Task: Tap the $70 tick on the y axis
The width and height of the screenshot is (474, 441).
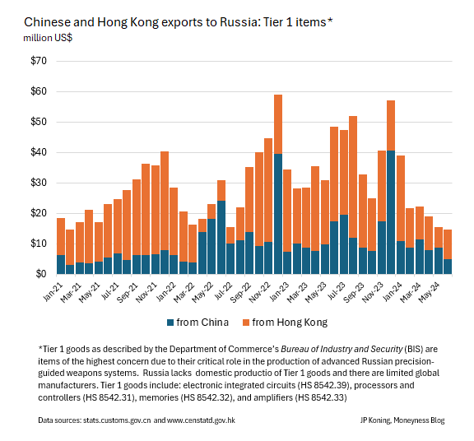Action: coord(39,62)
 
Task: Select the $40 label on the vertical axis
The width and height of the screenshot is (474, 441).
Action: coord(39,152)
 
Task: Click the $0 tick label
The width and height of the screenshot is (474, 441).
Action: coord(42,273)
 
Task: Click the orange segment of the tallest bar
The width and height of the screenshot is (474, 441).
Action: coord(278,123)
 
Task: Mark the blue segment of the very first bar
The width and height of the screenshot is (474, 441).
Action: coord(61,264)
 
